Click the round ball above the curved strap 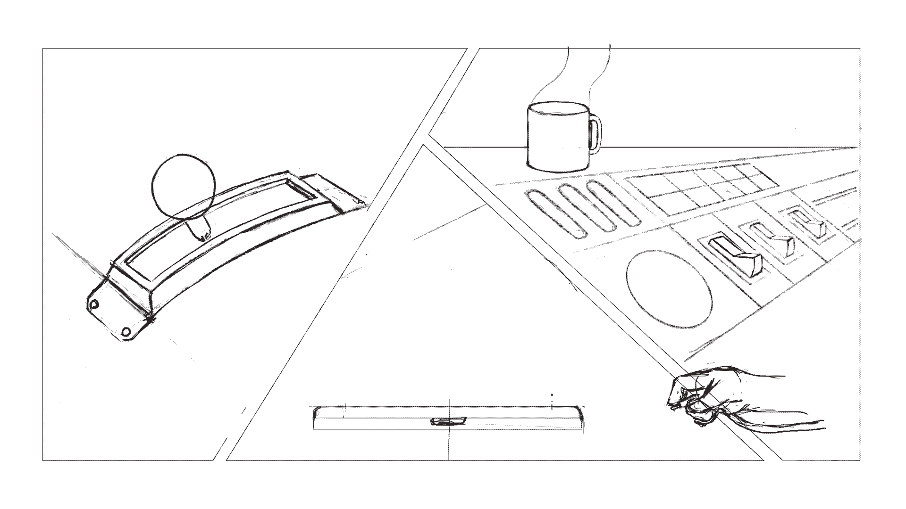click(x=184, y=186)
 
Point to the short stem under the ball click(x=199, y=229)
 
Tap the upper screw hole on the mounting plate click(x=95, y=305)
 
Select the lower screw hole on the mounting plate click(x=126, y=332)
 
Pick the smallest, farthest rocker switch click(x=809, y=223)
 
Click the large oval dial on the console click(x=669, y=289)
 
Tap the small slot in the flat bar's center click(x=448, y=421)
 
